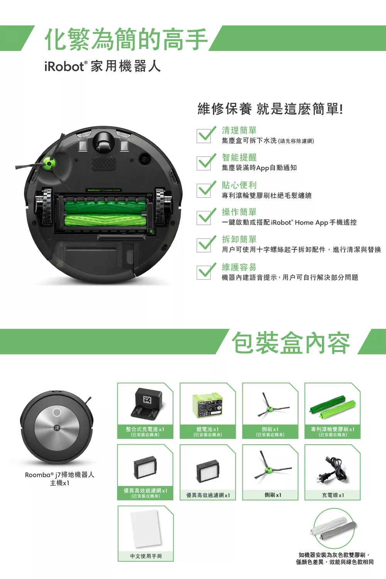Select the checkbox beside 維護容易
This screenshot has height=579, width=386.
point(204,272)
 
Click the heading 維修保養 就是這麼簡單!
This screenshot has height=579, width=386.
point(270,109)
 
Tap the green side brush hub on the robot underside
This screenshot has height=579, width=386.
point(49,163)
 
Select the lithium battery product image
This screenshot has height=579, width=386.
point(208,405)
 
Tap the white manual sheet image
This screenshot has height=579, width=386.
point(146,528)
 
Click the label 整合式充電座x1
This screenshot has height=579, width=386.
point(145,429)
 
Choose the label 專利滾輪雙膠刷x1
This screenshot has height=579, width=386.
point(332,429)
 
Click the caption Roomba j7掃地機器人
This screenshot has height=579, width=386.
point(59,475)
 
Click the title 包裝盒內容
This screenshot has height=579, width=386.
point(291,342)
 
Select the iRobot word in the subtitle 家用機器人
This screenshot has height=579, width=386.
point(64,67)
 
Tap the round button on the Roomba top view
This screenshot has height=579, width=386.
point(57,412)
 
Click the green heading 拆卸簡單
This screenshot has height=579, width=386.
point(239,239)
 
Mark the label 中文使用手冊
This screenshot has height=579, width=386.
point(146,556)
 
